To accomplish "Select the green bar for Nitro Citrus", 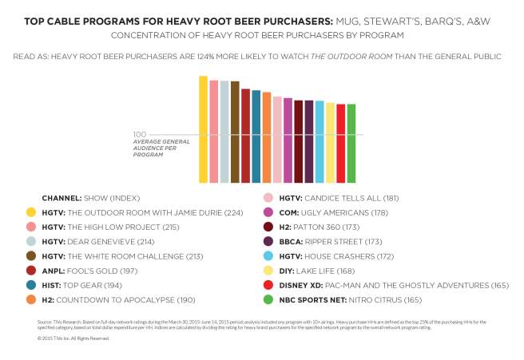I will pos(351,144).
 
